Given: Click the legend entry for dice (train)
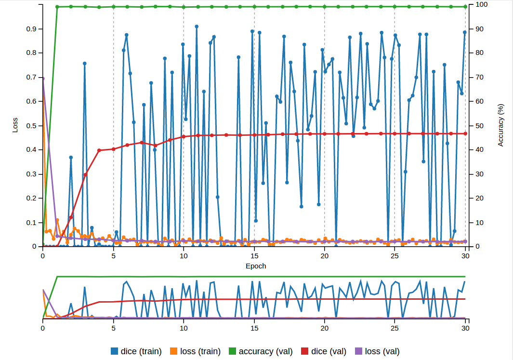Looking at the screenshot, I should click(x=136, y=351).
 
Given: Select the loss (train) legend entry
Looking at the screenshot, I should click(x=195, y=351).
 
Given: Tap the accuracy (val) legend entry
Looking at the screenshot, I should click(x=260, y=351).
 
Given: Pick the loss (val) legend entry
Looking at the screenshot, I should click(x=377, y=351).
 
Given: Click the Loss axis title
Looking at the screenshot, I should click(x=15, y=126).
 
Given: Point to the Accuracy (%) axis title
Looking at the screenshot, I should click(x=500, y=125).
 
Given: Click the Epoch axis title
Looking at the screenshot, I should click(x=256, y=266).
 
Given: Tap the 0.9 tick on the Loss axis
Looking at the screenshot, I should click(x=31, y=29).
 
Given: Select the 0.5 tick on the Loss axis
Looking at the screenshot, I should click(x=31, y=126).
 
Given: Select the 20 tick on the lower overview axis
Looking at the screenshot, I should click(x=324, y=328).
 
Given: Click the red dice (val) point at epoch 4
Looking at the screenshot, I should click(x=99, y=150).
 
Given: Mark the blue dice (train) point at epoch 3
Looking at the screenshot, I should click(x=85, y=63).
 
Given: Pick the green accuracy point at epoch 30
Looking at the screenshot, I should click(x=465, y=7).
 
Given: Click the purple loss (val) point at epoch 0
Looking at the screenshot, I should click(x=43, y=79).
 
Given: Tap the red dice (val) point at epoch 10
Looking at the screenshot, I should click(x=184, y=137).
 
